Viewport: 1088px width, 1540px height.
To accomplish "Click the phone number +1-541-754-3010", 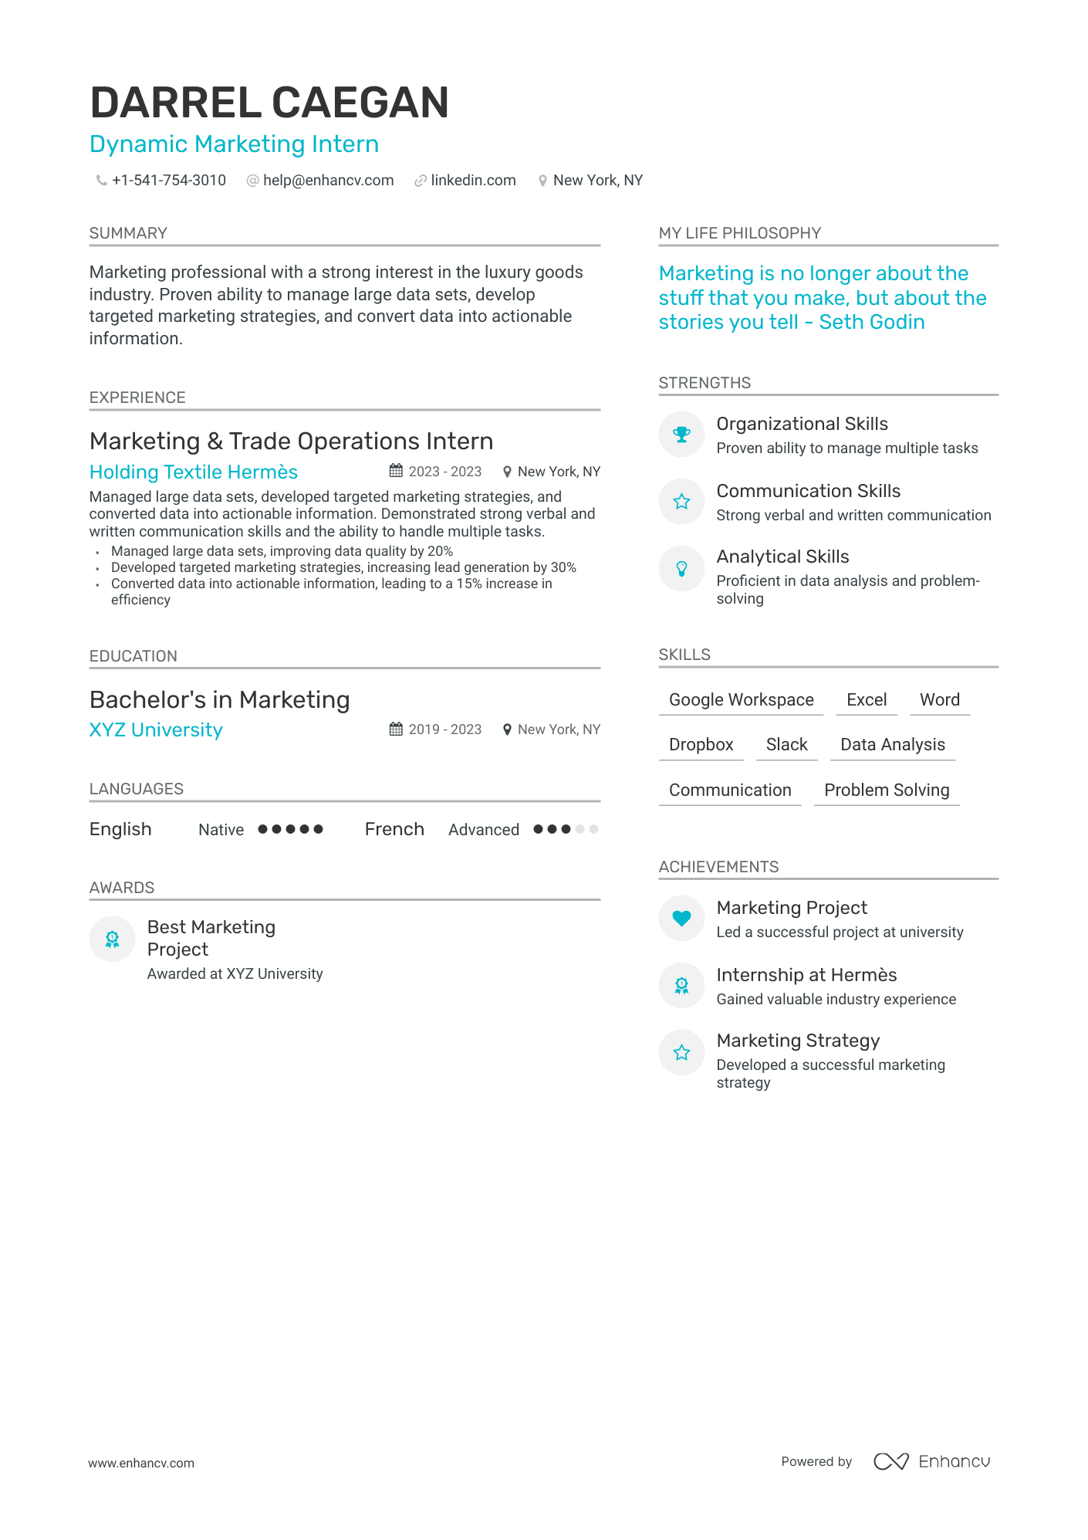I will click(x=168, y=181).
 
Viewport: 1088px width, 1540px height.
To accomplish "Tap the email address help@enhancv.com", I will click(x=328, y=181).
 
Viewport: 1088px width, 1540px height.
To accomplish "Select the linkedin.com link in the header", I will click(x=473, y=181).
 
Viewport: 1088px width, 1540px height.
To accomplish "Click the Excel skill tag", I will click(x=866, y=700).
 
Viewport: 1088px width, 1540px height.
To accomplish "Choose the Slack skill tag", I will click(x=786, y=745).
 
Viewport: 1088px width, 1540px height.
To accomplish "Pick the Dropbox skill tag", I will click(x=701, y=745).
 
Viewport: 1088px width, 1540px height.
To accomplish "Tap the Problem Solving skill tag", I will click(x=887, y=790).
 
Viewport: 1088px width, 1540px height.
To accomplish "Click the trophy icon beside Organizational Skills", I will click(x=681, y=435).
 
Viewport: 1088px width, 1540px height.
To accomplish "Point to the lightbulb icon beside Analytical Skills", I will click(x=681, y=569).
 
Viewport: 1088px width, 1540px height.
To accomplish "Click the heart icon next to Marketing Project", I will click(x=681, y=919).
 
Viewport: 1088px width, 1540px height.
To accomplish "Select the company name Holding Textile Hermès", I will click(x=194, y=472).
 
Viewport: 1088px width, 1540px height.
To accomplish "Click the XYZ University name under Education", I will click(x=156, y=730).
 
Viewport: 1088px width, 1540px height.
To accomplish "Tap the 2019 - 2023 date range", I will click(x=444, y=729).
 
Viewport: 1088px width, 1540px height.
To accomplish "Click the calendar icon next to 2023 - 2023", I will click(x=396, y=471).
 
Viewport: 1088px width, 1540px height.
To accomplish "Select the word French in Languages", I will click(x=394, y=830).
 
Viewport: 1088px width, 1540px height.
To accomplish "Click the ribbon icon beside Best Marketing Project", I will click(x=113, y=939).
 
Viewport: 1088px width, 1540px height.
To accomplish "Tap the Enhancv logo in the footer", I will click(x=931, y=1461).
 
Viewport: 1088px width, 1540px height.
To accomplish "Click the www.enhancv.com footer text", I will click(x=141, y=1464).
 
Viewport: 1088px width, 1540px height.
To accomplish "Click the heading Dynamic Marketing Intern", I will click(x=234, y=144).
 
